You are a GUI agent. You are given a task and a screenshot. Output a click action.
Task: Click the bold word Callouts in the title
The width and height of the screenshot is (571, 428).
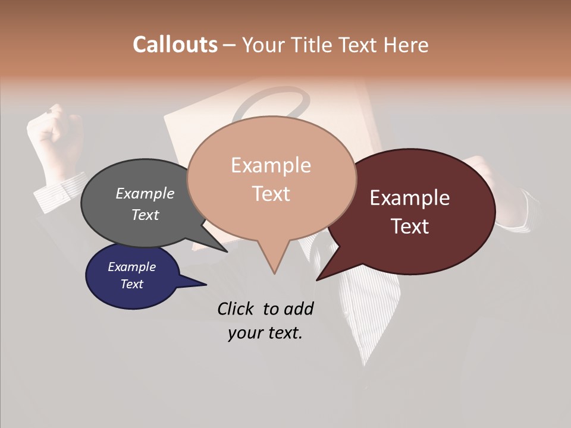pyautogui.click(x=175, y=45)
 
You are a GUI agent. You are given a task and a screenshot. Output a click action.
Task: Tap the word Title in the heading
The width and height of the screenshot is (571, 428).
pyautogui.click(x=313, y=45)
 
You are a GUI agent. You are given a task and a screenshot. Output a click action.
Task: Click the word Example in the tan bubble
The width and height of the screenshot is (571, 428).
pyautogui.click(x=271, y=165)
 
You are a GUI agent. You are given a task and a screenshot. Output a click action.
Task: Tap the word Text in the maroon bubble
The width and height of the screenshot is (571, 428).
pyautogui.click(x=410, y=226)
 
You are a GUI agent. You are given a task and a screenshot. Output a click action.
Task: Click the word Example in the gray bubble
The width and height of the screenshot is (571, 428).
pyautogui.click(x=145, y=193)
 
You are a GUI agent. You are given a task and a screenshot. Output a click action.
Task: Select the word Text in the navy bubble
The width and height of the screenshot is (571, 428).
pyautogui.click(x=132, y=284)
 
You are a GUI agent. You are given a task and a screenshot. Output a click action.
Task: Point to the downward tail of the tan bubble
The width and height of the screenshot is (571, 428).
pyautogui.click(x=274, y=262)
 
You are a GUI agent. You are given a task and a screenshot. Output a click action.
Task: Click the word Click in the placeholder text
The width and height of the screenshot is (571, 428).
pyautogui.click(x=237, y=309)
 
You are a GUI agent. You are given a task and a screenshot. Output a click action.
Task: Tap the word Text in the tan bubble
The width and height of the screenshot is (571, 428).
pyautogui.click(x=271, y=194)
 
